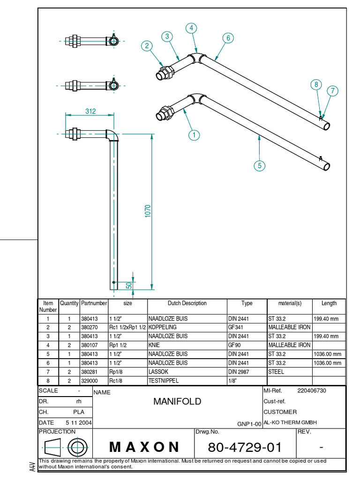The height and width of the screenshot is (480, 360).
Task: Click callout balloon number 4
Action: (191, 28)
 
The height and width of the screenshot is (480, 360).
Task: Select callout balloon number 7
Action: (332, 91)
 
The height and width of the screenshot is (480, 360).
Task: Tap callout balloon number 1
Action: (194, 135)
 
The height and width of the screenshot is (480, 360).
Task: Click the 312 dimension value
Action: (90, 111)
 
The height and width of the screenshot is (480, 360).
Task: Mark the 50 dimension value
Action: (128, 285)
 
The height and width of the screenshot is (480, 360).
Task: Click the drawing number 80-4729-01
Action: (245, 448)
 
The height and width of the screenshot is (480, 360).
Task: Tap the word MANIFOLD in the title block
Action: (177, 401)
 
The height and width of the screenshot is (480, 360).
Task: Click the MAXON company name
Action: (144, 447)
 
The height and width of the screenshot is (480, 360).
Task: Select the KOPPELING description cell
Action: (163, 327)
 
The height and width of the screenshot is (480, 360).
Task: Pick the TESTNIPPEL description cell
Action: (164, 381)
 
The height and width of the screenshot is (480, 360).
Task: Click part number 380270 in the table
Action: (90, 327)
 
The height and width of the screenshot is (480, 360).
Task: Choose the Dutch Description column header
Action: (187, 303)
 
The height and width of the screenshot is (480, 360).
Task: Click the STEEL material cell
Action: (276, 372)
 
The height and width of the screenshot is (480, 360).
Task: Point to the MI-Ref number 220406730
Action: (312, 390)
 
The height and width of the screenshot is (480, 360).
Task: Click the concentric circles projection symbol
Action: (77, 446)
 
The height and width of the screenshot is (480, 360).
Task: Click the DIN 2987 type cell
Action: (240, 372)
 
